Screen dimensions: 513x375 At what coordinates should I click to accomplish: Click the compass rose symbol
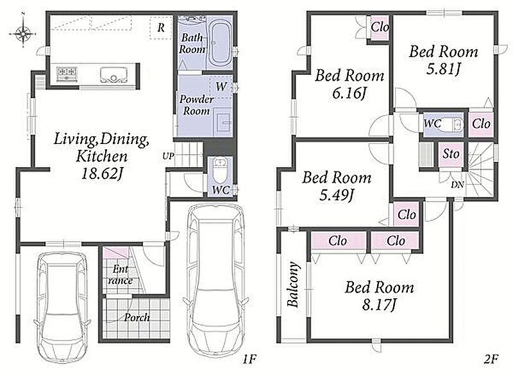pyautogui.click(x=23, y=32)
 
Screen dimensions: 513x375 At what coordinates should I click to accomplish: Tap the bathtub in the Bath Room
pyautogui.click(x=220, y=44)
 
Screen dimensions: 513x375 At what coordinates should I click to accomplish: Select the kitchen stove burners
pyautogui.click(x=67, y=74)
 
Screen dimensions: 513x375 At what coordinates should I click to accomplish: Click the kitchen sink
pyautogui.click(x=114, y=75)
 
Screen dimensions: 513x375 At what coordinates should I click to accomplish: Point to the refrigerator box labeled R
pyautogui.click(x=160, y=28)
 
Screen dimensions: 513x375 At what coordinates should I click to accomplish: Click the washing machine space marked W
pyautogui.click(x=221, y=86)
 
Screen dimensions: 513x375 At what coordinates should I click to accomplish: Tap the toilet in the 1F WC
pyautogui.click(x=219, y=170)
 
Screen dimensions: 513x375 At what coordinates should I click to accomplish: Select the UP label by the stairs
pyautogui.click(x=168, y=156)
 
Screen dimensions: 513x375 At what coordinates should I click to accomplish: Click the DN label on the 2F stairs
pyautogui.click(x=457, y=185)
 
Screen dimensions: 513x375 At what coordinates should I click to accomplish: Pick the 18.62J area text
pyautogui.click(x=101, y=173)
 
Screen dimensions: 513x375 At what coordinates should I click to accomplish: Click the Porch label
pyautogui.click(x=137, y=317)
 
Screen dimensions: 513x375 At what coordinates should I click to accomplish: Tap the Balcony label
pyautogui.click(x=293, y=284)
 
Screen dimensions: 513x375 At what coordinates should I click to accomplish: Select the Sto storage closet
pyautogui.click(x=451, y=154)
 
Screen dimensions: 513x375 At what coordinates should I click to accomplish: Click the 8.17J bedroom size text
pyautogui.click(x=379, y=305)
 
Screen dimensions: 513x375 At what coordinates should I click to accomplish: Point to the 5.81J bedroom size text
pyautogui.click(x=443, y=68)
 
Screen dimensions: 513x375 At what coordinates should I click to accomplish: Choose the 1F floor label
pyautogui.click(x=249, y=360)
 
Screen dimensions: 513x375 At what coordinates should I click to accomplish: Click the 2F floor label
pyautogui.click(x=491, y=360)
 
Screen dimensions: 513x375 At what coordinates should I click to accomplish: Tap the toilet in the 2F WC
pyautogui.click(x=455, y=124)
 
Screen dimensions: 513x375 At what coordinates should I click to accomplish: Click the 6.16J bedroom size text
pyautogui.click(x=348, y=93)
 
